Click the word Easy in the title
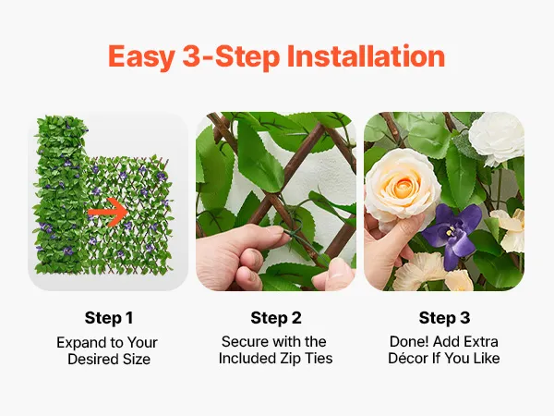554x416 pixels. (x=141, y=57)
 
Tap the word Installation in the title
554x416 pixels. (x=366, y=55)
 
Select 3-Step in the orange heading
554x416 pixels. (x=231, y=57)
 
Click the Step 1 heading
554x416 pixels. (x=109, y=318)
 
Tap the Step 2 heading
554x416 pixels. (x=276, y=318)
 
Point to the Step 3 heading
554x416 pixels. (x=444, y=318)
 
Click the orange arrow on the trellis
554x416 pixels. (x=108, y=212)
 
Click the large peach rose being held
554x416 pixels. (x=403, y=189)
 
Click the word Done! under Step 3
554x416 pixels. (x=409, y=342)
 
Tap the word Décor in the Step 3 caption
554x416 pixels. (x=408, y=359)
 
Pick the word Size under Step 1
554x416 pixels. (x=137, y=359)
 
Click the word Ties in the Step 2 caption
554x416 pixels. (x=319, y=359)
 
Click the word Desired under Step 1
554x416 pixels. (x=93, y=359)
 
